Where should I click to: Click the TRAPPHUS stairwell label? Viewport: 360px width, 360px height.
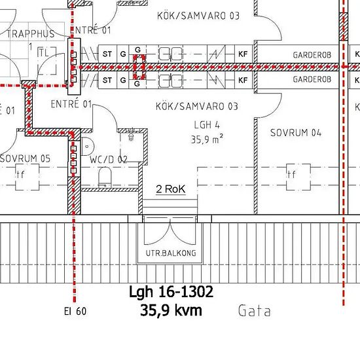31,34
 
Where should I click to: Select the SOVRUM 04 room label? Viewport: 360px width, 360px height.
296,133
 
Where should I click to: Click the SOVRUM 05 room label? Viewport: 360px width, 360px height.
26,158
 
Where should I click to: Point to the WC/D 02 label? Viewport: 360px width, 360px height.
109,160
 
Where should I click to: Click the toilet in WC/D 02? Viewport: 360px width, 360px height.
105,177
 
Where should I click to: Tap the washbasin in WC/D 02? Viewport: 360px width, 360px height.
88,146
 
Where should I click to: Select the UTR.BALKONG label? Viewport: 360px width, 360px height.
171,253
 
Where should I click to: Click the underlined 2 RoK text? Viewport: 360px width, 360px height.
171,189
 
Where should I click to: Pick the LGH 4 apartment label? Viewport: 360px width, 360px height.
207,125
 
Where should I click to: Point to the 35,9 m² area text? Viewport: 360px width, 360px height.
207,139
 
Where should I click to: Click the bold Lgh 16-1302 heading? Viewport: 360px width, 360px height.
171,292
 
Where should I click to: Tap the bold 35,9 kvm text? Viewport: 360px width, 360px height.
171,310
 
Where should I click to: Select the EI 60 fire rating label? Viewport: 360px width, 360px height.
75,312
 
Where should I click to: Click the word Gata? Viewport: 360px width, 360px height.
255,311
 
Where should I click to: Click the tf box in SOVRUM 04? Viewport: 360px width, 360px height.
298,177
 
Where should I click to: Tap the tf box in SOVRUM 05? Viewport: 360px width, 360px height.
27,177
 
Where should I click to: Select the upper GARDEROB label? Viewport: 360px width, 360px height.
312,55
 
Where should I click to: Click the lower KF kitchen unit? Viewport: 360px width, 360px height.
243,80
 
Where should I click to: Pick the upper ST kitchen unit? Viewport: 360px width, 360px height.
107,54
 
